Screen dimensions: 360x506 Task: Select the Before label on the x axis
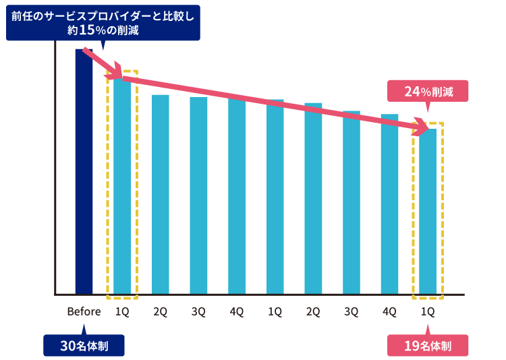click(84, 311)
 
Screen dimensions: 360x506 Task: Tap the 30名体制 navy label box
click(84, 346)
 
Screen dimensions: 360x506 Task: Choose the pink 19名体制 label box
click(428, 346)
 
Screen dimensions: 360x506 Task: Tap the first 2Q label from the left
click(161, 311)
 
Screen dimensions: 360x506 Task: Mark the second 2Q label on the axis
click(313, 311)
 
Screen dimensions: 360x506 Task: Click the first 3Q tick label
click(198, 311)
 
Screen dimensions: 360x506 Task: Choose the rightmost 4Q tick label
click(389, 311)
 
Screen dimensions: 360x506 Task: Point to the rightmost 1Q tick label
click(428, 311)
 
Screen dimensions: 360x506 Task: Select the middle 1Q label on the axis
click(275, 311)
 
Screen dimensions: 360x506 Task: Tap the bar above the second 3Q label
click(352, 202)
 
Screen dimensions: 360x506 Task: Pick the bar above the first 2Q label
click(161, 195)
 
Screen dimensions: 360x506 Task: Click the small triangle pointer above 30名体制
click(84, 330)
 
